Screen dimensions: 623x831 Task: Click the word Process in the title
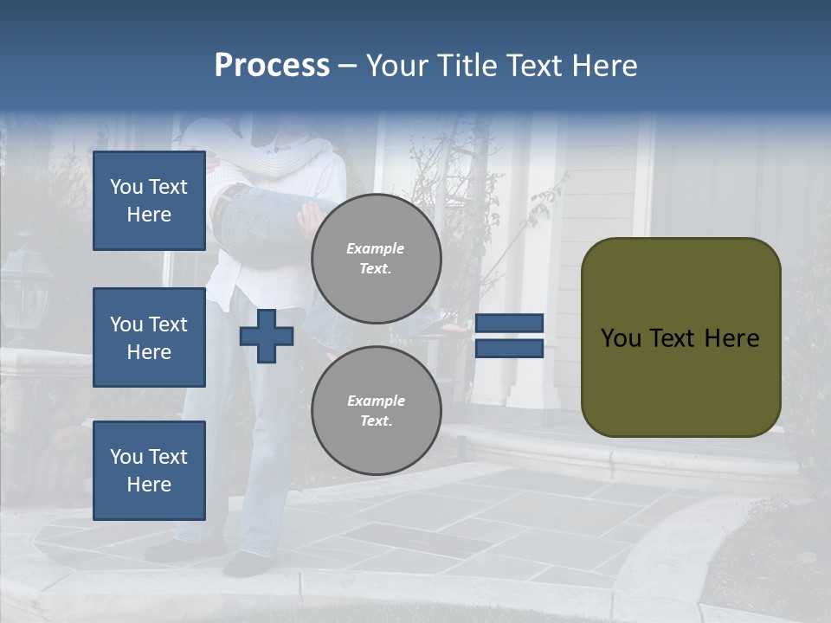point(272,66)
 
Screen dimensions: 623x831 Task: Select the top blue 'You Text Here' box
point(149,201)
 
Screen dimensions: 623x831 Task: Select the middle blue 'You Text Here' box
point(149,337)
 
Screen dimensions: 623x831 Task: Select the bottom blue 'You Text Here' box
point(149,471)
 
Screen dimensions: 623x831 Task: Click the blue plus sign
point(266,337)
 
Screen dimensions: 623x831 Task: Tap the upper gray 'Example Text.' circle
point(376,259)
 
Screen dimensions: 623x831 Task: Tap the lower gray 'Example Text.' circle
point(376,411)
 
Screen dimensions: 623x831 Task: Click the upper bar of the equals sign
point(509,324)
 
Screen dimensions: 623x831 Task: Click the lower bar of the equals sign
point(509,349)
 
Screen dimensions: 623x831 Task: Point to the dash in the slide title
point(347,67)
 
